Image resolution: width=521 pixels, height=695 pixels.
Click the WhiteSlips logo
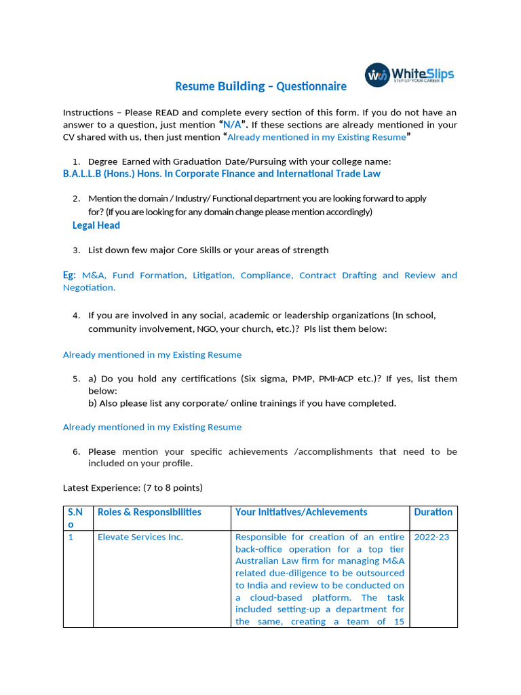pyautogui.click(x=409, y=75)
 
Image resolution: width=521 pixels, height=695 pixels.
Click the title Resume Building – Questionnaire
pyautogui.click(x=260, y=86)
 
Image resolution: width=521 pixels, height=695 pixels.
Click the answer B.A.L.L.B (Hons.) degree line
pyautogui.click(x=221, y=174)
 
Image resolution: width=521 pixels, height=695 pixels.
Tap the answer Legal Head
pyautogui.click(x=96, y=225)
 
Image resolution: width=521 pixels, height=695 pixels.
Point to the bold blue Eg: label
pyautogui.click(x=70, y=275)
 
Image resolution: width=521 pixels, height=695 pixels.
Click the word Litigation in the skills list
pyautogui.click(x=211, y=275)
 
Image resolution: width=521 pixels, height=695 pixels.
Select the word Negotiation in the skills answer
pyautogui.click(x=89, y=288)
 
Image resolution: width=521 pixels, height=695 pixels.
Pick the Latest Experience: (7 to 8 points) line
pyautogui.click(x=133, y=487)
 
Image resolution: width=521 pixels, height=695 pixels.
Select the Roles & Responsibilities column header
pyautogui.click(x=149, y=512)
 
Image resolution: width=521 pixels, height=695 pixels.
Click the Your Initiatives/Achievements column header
pyautogui.click(x=301, y=512)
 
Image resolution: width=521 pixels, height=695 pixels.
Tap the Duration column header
pyautogui.click(x=433, y=512)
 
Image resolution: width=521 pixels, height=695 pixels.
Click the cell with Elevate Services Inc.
pyautogui.click(x=140, y=537)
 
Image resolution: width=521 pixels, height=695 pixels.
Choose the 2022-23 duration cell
pyautogui.click(x=431, y=537)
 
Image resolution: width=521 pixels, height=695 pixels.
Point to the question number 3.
pyautogui.click(x=77, y=250)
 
